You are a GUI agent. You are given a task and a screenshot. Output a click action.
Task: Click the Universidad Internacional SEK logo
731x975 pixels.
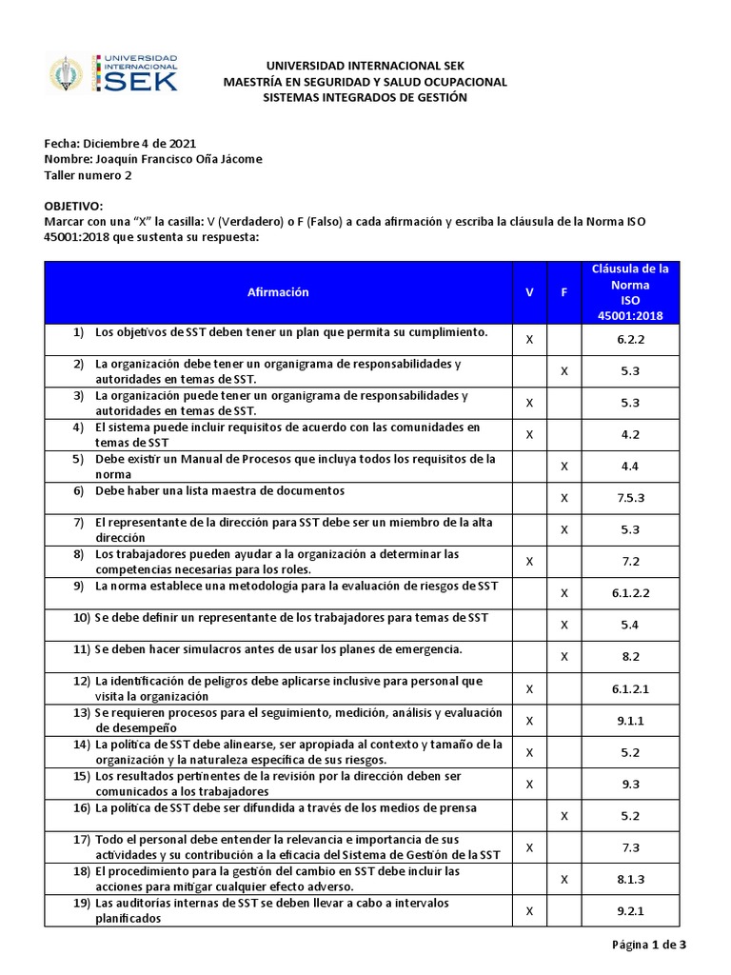pos(112,73)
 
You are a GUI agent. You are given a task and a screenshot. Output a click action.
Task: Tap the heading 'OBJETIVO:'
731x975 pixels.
pos(72,206)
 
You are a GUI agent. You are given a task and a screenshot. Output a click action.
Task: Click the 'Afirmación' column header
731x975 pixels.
pos(278,292)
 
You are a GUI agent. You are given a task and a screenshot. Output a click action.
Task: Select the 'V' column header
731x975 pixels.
pos(529,292)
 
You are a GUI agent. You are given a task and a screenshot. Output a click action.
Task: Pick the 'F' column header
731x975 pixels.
pos(564,292)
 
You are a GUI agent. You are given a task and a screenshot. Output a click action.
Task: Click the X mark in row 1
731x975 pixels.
pos(529,339)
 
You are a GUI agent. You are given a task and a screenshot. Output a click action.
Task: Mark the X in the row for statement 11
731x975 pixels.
pos(564,656)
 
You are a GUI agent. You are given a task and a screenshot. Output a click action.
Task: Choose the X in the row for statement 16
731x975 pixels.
pos(564,815)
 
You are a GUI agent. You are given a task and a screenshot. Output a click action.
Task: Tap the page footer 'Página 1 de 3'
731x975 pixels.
pos(648,945)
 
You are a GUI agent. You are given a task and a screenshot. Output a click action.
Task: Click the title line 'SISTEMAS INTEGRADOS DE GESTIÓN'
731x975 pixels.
pos(365,98)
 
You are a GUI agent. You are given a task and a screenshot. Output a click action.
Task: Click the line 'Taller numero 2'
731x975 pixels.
pos(89,175)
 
